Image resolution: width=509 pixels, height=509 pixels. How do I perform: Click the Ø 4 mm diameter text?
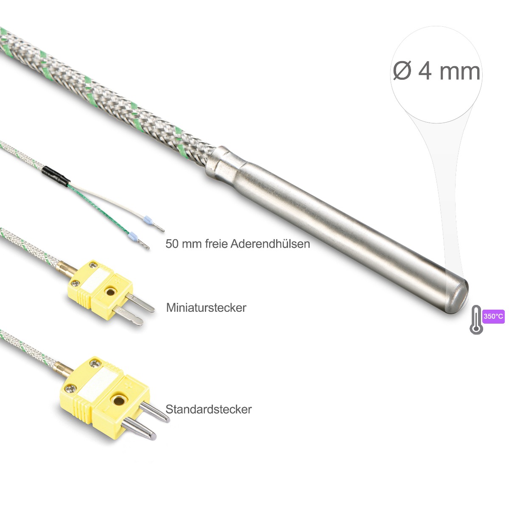436,71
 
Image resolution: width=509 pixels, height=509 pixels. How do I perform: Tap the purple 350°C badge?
493,316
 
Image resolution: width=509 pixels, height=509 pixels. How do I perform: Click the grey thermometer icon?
476,320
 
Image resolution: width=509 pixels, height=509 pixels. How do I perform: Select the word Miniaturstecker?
206,308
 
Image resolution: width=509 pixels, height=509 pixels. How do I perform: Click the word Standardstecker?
208,409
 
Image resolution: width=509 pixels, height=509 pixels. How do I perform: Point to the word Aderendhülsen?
270,243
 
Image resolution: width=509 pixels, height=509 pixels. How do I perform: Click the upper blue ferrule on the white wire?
147,219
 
